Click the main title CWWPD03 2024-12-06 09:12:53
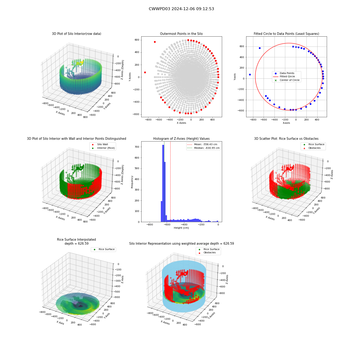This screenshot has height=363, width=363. pos(181,9)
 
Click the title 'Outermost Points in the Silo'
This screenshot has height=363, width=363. pos(181,34)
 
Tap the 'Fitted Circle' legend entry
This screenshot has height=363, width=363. pos(287,76)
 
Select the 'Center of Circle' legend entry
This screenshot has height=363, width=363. pos(287,80)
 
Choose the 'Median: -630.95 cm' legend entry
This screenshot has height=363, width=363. pos(203,148)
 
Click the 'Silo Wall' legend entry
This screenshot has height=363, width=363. pos(100,144)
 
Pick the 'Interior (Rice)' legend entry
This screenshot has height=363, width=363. pos(103,148)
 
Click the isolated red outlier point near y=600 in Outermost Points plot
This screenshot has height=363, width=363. pos(155,42)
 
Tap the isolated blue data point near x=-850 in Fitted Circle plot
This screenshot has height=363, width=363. pos(250,74)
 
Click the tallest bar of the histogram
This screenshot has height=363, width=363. pos(163,183)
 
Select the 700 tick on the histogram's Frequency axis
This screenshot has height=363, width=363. pos(137,147)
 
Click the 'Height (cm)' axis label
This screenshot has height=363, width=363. pos(181,228)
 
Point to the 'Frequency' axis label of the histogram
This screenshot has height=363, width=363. pos(132,182)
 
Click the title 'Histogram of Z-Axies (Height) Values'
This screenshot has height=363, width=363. pos(181,139)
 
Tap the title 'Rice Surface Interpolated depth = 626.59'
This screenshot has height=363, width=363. pos(76,241)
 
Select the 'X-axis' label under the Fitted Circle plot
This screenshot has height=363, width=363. pos(286,123)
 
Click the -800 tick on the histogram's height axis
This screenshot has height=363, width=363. pos(150,225)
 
